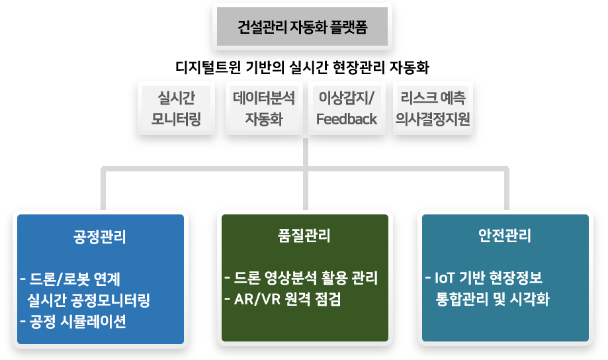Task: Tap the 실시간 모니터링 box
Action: point(176,109)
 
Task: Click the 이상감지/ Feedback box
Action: point(347,109)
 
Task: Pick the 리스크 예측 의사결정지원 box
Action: point(432,109)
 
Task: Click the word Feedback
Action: point(347,120)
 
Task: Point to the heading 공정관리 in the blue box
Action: point(100,237)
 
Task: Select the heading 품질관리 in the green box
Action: point(304,236)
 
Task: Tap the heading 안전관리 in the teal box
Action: point(505,236)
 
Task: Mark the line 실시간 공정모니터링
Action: point(89,300)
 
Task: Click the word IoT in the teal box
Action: point(441,277)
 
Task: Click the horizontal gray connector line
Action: point(198,171)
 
